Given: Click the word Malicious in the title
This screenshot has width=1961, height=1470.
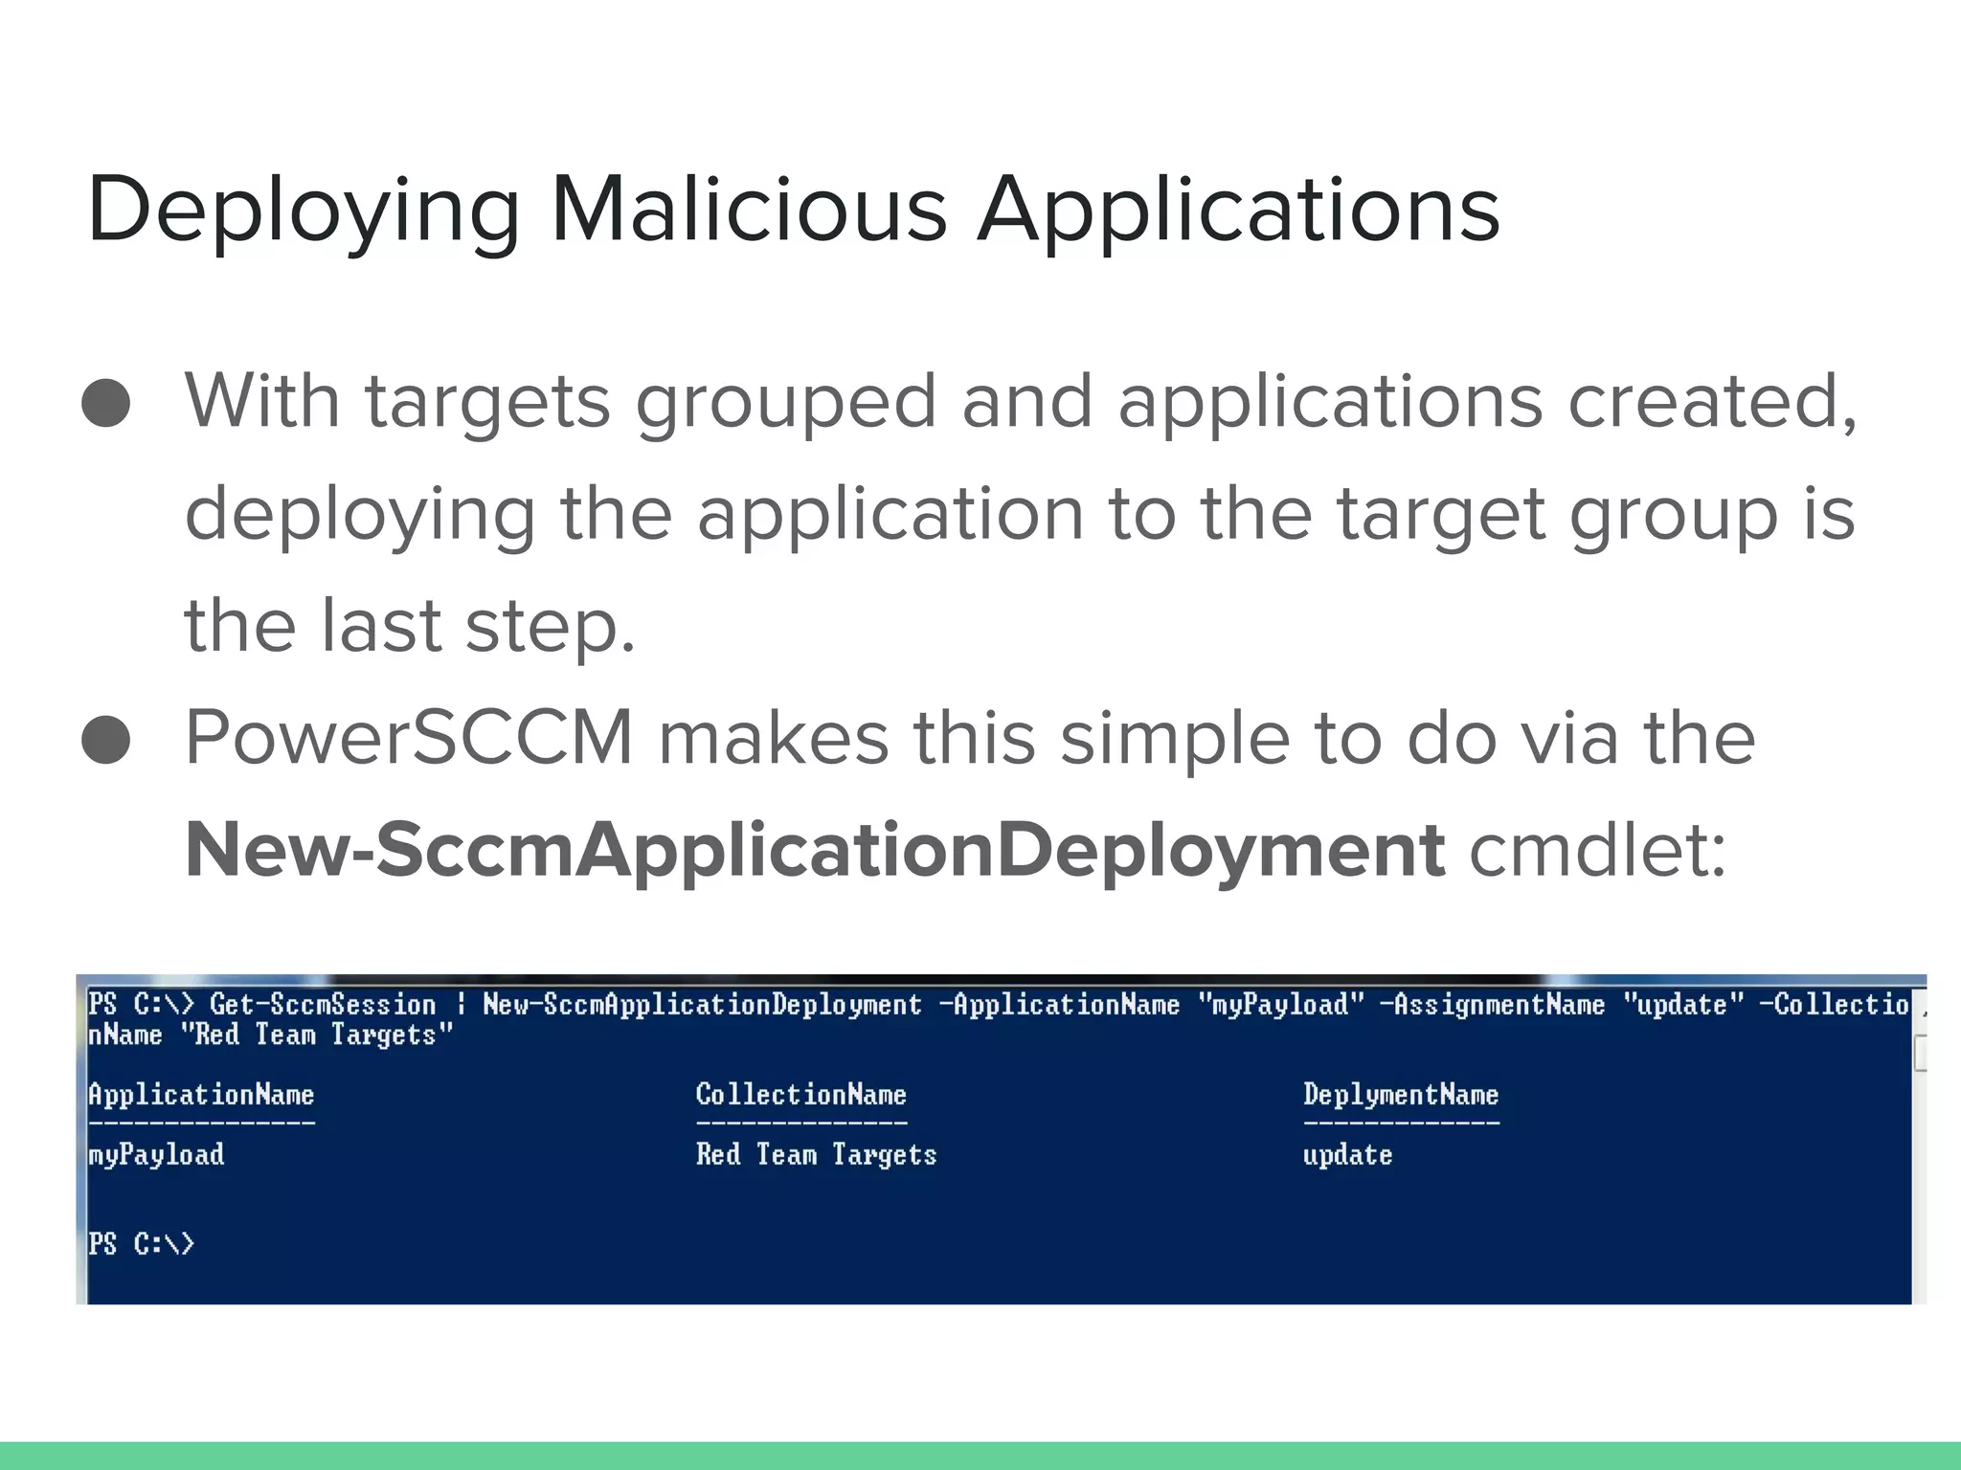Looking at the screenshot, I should point(749,210).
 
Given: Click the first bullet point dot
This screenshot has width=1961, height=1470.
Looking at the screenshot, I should point(106,402).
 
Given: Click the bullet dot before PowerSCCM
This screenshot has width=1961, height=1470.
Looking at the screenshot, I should point(106,740).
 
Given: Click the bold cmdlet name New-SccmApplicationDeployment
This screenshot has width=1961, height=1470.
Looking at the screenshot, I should point(814,851).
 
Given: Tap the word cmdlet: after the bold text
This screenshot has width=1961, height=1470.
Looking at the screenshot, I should point(1597,851).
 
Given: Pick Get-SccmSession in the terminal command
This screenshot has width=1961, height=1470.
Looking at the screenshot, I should point(323,1005).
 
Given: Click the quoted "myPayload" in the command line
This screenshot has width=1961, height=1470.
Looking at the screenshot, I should point(1281,1005).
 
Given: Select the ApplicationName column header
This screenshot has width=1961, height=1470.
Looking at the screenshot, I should point(201,1095).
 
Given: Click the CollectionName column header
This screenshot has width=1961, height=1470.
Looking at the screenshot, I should point(800,1095).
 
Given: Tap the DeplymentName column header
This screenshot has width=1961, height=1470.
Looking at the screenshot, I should point(1401,1095).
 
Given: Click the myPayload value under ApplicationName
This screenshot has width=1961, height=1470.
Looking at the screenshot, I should point(156,1155).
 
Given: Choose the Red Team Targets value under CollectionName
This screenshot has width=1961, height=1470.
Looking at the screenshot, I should point(816,1155).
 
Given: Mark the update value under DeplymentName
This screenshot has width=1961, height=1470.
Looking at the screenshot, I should point(1347,1155).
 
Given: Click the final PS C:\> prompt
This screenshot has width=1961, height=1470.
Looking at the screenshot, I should point(141,1244).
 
